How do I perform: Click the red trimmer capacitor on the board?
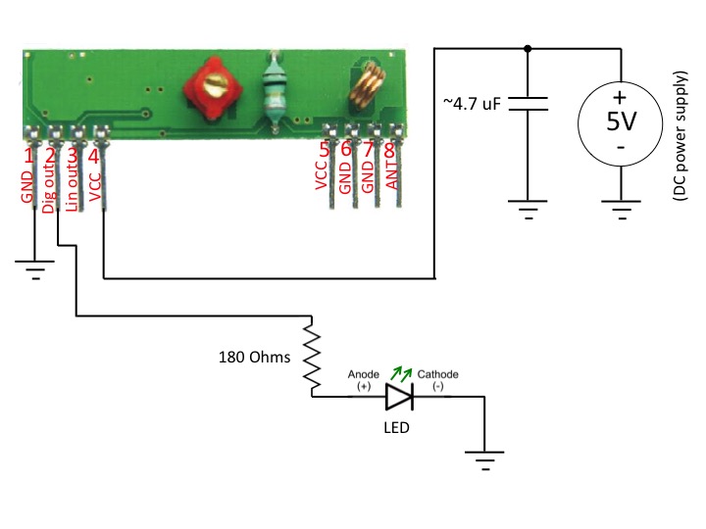[x=213, y=88]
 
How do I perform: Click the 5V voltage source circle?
[x=621, y=123]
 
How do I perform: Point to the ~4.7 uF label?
[x=472, y=104]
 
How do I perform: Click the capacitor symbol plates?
[x=529, y=103]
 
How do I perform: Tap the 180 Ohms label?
[x=254, y=358]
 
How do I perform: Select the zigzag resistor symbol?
[x=312, y=357]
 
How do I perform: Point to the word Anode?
[x=364, y=374]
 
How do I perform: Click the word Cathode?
[x=437, y=374]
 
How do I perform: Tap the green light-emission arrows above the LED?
[x=401, y=373]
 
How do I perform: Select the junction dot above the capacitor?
[x=528, y=48]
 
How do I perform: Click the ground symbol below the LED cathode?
[x=485, y=460]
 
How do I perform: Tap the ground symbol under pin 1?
[x=35, y=269]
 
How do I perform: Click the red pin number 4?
[x=93, y=157]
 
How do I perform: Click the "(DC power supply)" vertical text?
[x=680, y=136]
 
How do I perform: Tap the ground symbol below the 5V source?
[x=621, y=210]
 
